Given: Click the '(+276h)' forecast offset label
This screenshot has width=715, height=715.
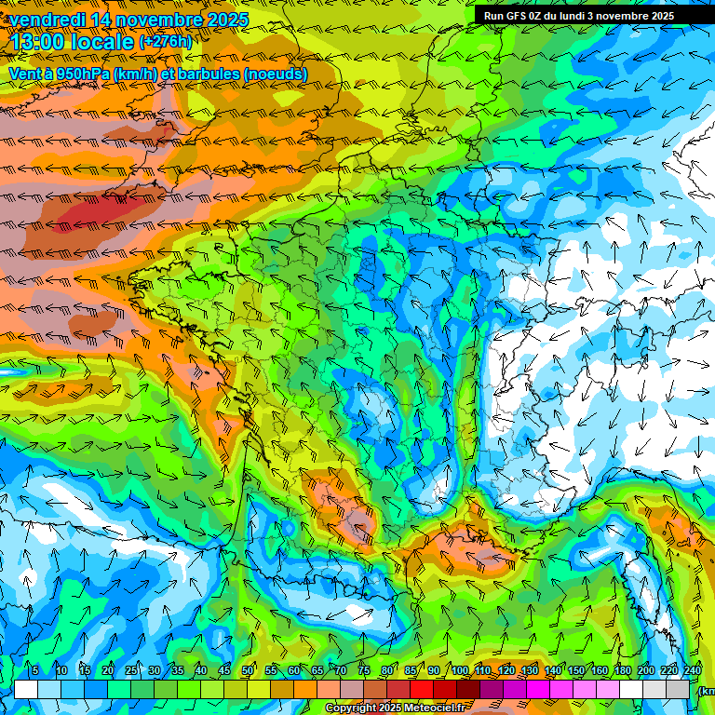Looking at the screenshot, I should tap(165, 42).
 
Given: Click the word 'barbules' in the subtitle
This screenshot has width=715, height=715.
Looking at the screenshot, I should tap(209, 74).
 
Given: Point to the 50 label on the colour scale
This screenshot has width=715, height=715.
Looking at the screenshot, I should tap(247, 671).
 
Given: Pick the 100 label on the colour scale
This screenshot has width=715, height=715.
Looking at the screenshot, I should tap(459, 671).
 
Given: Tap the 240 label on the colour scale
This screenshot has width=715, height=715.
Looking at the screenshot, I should tap(693, 671).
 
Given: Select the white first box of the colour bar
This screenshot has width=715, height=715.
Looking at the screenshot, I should tap(25, 689).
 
